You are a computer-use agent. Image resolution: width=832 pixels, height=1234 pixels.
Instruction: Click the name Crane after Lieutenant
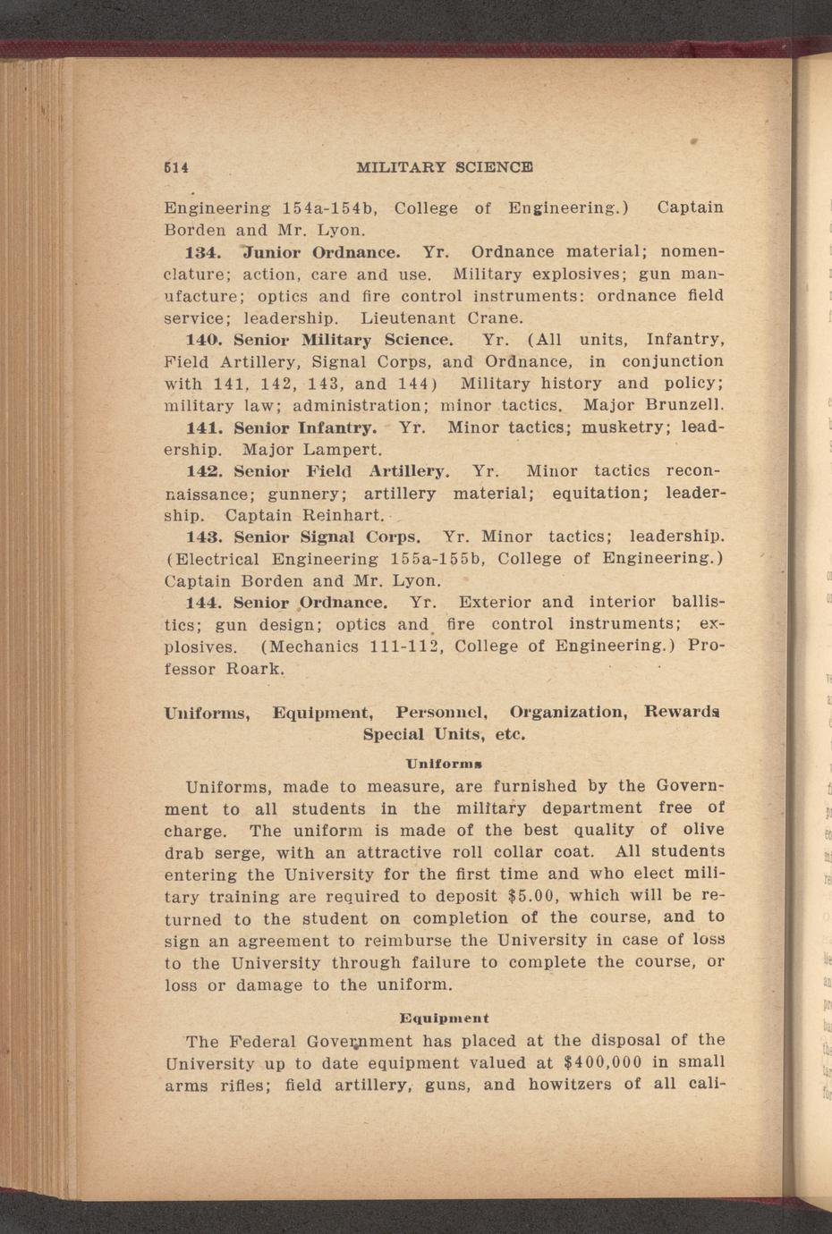(x=495, y=317)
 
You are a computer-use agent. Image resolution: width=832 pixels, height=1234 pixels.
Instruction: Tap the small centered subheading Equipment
(x=444, y=1018)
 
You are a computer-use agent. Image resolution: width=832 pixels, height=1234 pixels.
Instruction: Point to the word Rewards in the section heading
(x=682, y=713)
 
